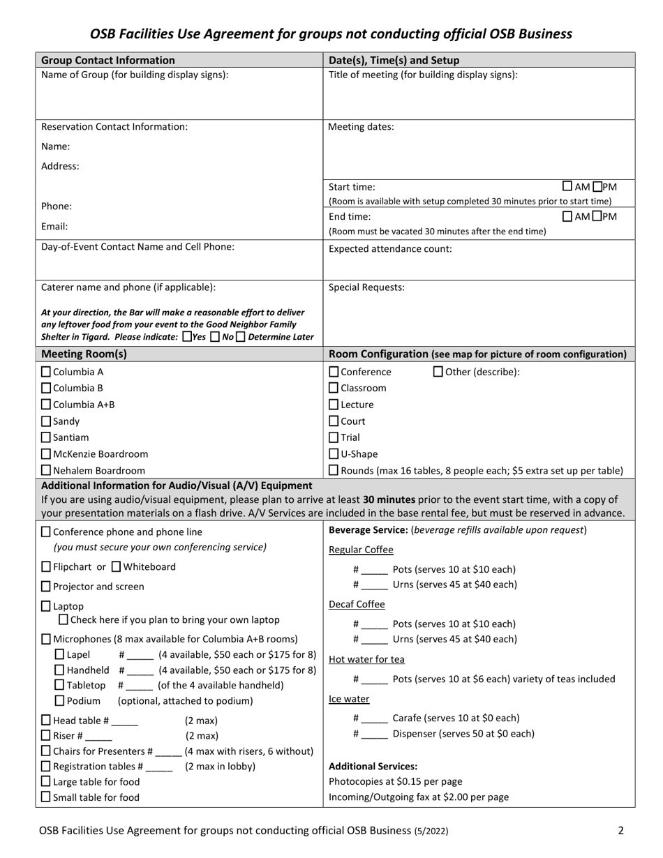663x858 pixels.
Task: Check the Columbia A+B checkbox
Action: point(47,405)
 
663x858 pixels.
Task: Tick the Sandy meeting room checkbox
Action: point(47,421)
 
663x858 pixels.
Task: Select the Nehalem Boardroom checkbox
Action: point(47,471)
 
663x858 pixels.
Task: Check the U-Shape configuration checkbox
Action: point(334,454)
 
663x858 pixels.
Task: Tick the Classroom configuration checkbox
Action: point(334,388)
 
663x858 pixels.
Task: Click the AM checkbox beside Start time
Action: point(567,186)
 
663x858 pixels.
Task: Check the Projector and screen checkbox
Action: point(47,587)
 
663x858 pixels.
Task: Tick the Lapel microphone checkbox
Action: point(59,654)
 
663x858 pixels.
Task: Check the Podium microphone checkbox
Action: point(59,700)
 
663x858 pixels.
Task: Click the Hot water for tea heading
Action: point(366,659)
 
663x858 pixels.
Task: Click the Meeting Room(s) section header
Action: point(84,354)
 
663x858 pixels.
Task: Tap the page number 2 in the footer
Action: point(620,830)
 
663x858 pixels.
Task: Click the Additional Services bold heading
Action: point(373,766)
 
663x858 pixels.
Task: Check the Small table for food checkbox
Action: point(47,797)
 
